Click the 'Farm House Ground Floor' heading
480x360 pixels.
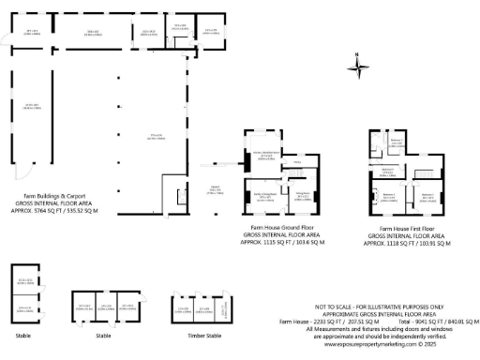[x=281, y=227]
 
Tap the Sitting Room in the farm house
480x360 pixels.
[x=303, y=197]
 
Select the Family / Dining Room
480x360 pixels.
[x=265, y=197]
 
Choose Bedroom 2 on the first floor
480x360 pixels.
[x=427, y=197]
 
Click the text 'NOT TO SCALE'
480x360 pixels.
[x=338, y=307]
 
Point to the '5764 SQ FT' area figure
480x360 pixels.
[x=37, y=212]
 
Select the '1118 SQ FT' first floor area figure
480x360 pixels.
[x=392, y=243]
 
